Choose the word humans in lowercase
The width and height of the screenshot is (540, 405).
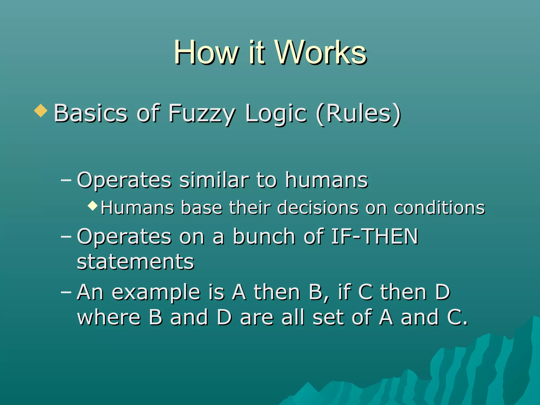point(326,180)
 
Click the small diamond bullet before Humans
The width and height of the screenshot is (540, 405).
point(93,205)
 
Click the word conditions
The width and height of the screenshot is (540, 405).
point(439,208)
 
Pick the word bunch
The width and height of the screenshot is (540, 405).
point(264,237)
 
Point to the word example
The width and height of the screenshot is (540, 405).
point(156,293)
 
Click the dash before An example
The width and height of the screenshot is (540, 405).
point(66,292)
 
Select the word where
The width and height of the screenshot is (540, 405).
point(109,317)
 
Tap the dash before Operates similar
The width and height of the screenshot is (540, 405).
point(66,180)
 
